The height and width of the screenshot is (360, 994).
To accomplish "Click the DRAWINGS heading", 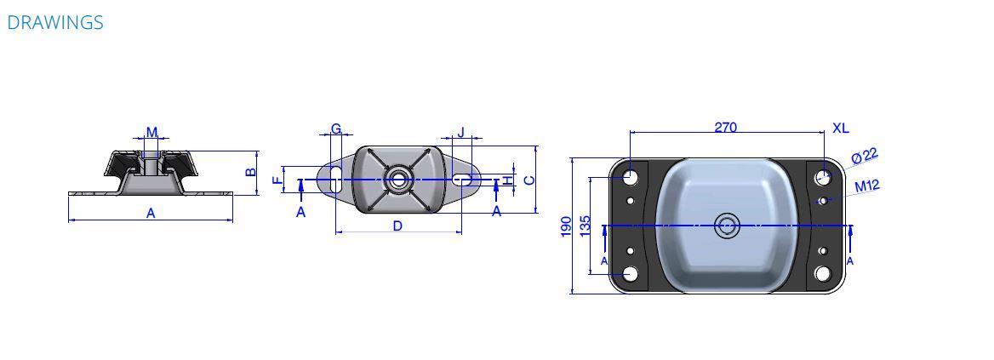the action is tap(55, 22).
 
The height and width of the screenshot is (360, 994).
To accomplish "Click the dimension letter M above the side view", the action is tap(152, 132).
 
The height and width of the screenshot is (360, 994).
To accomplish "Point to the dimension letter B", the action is tap(251, 172).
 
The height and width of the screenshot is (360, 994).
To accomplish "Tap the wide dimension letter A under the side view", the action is tap(151, 214).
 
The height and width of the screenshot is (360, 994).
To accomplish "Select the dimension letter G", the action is tap(336, 129).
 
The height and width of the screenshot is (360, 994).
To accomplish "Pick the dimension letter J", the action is tap(461, 132).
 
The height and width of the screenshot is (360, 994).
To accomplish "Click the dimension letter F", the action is tap(277, 180).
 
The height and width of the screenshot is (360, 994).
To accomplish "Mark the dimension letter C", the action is tap(529, 180).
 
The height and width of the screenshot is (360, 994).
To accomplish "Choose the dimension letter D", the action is tap(397, 226).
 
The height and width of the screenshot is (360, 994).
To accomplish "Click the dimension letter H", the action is tap(508, 181).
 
